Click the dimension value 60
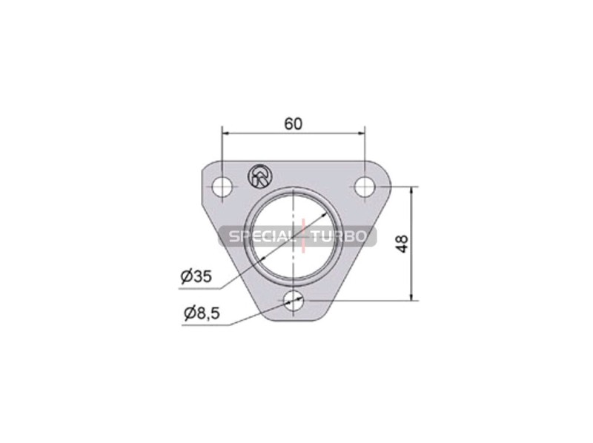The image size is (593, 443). pos(294,124)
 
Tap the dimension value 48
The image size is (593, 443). pos(402,244)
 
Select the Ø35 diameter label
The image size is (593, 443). pos(196,276)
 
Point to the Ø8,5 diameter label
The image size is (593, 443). pos(202,313)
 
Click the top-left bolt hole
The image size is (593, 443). pos(222,187)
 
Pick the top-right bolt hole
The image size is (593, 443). pos(365,187)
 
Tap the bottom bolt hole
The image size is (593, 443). pos(294,301)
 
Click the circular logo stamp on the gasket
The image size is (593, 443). pos(259,176)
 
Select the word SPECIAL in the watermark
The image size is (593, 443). pos(261,236)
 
